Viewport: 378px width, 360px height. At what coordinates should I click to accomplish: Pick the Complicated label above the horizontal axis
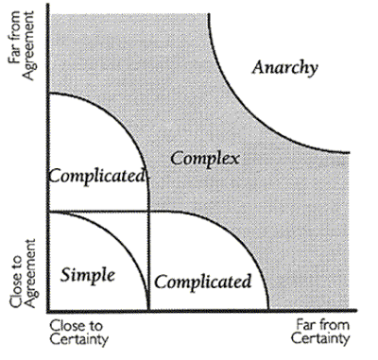click(x=203, y=282)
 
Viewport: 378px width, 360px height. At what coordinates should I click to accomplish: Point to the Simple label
click(x=87, y=275)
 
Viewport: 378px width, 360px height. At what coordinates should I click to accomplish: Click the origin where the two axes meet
click(x=46, y=311)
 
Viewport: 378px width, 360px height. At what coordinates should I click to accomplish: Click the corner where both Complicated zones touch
click(x=148, y=211)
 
